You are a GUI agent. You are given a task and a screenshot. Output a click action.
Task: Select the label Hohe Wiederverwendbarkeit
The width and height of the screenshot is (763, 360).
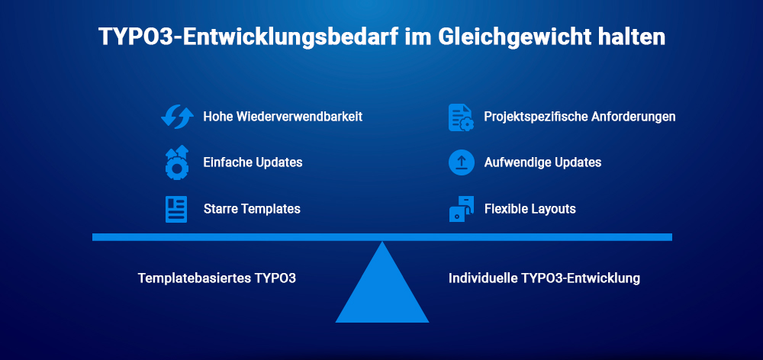coord(282,117)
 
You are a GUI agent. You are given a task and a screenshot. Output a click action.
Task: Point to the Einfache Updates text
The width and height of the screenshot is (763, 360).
coord(253,162)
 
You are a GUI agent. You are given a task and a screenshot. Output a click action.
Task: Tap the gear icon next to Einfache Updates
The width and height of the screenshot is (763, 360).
coord(176,163)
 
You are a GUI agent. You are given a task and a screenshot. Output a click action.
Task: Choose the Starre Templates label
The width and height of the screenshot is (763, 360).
coord(252,208)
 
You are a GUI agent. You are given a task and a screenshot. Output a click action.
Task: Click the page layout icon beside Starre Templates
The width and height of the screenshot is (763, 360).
coord(176,209)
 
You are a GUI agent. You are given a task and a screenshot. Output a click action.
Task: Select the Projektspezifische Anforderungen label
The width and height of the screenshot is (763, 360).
coord(580,117)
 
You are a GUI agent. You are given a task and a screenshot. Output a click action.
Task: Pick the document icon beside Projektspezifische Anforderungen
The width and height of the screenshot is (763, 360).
coord(461,117)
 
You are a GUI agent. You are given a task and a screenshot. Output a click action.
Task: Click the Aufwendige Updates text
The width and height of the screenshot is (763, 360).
coord(542,162)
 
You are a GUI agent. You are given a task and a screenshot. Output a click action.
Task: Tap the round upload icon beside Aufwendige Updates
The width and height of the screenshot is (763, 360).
coord(461,163)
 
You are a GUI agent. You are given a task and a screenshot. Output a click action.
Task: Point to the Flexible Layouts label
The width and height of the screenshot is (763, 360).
coord(530,208)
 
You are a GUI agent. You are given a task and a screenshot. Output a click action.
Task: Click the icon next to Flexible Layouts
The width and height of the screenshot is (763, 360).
coord(461,209)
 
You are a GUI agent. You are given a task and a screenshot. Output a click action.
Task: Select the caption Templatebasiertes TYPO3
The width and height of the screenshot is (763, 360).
coord(217,278)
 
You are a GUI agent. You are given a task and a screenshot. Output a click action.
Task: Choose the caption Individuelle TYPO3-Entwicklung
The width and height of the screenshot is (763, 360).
coord(544,278)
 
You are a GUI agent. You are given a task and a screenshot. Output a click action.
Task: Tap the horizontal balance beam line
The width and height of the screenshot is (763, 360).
coord(229,237)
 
